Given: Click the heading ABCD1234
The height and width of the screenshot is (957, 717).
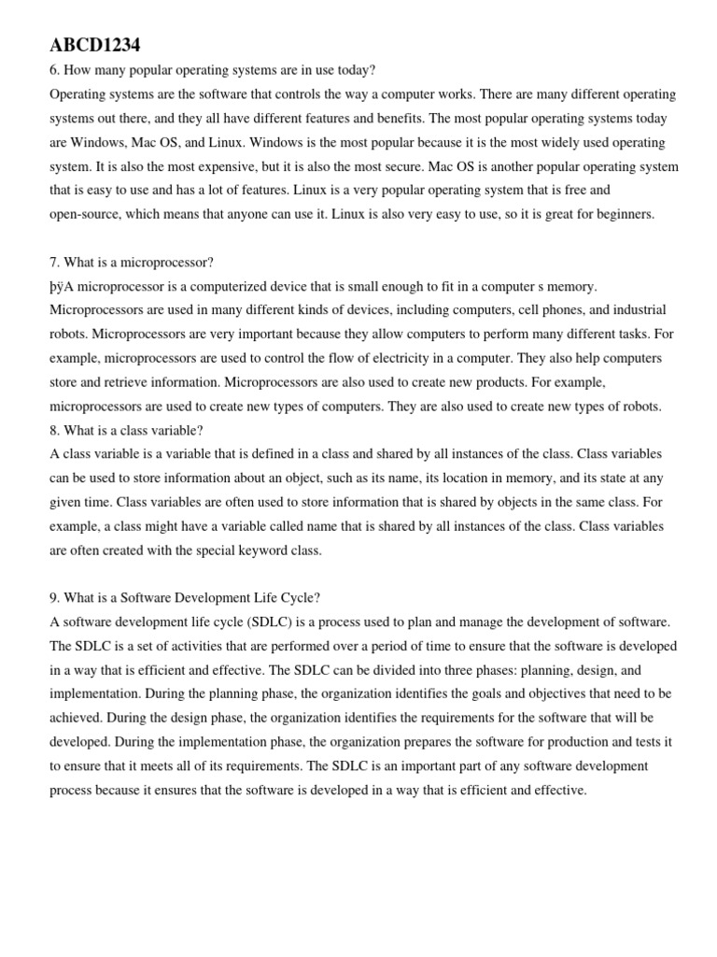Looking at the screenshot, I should (95, 45).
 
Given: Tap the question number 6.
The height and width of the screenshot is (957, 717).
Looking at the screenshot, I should (54, 70).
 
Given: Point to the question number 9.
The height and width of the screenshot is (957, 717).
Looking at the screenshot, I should (54, 597).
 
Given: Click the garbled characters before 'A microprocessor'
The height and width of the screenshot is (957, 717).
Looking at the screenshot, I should (57, 286).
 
